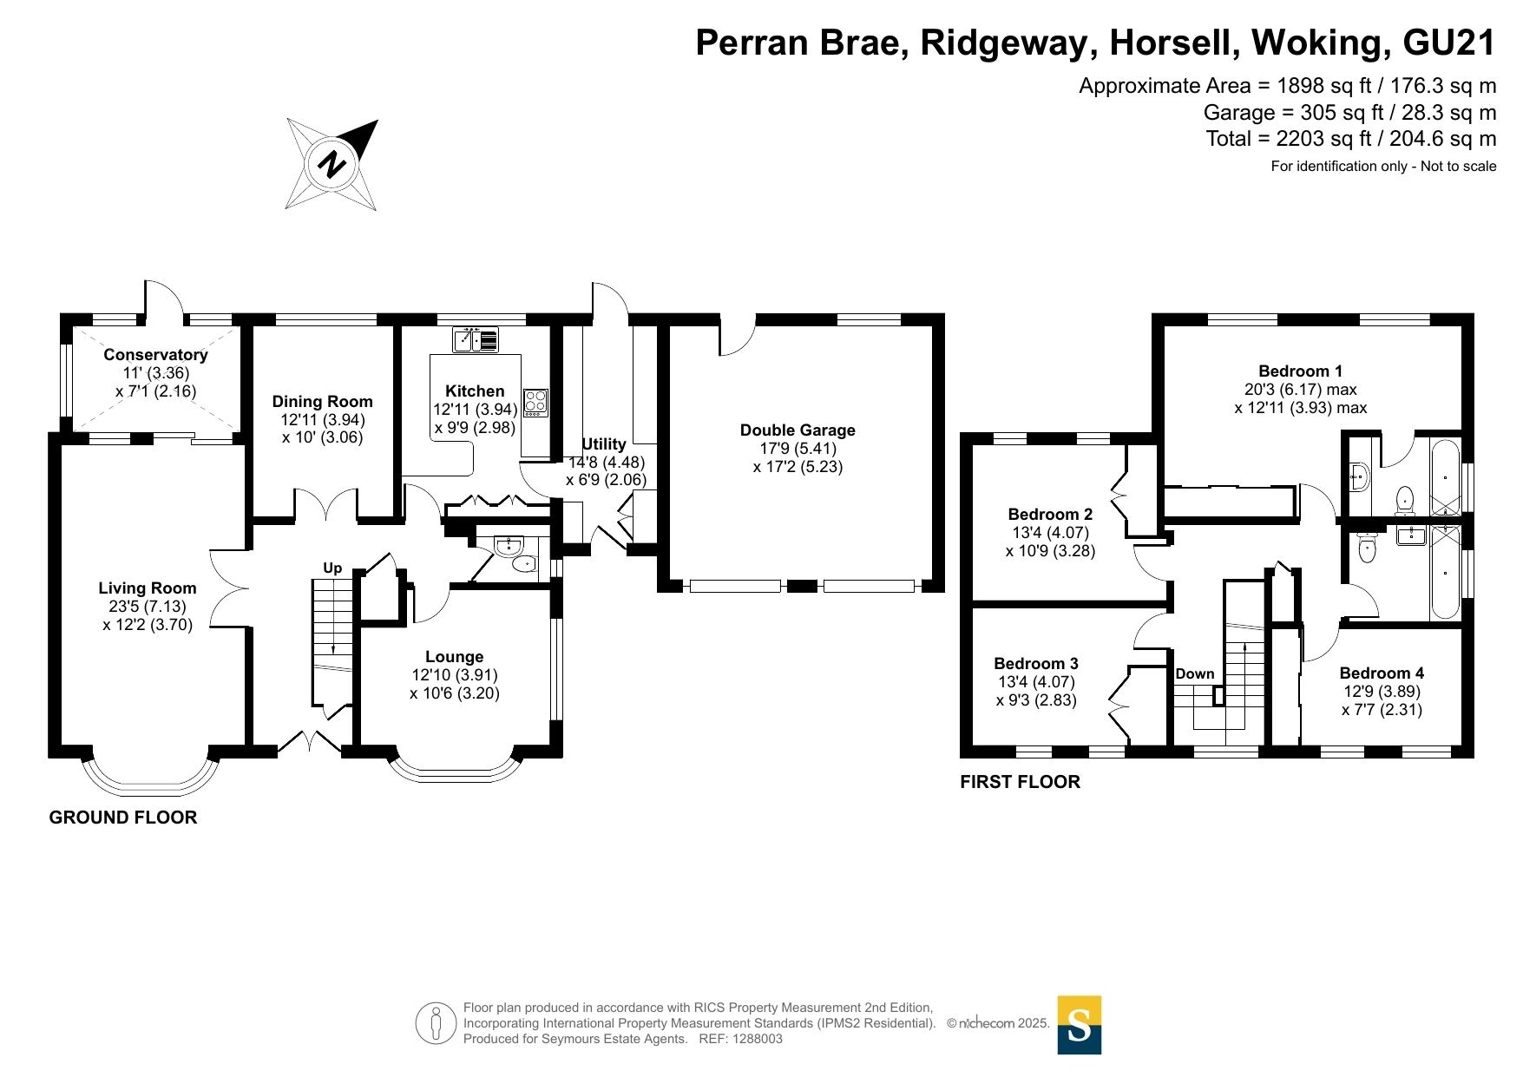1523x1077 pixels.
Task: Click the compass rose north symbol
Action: tap(332, 164)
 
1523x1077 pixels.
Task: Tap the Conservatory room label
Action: tap(155, 354)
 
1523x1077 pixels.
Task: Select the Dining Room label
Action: tap(322, 401)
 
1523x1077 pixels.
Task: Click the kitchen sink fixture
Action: tap(476, 339)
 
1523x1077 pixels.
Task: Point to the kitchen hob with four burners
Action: tap(535, 403)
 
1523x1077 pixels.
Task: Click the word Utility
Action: tap(604, 444)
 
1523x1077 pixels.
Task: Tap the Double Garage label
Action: tap(798, 430)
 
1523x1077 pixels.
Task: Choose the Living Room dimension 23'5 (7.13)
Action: tap(148, 607)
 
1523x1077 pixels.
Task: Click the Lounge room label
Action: tap(454, 657)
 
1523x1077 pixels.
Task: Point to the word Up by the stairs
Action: tap(332, 568)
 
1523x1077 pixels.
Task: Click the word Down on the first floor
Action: tap(1195, 674)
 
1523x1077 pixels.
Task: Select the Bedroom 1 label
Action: tap(1300, 371)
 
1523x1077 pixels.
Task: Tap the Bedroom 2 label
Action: tap(1050, 515)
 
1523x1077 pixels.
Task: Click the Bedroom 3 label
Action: tap(1036, 664)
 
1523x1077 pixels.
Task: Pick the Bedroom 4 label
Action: tap(1382, 673)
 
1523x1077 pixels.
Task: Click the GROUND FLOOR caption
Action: tap(123, 818)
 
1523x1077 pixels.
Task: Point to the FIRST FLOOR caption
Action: tap(1020, 782)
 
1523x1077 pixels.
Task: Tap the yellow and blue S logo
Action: tap(1079, 1025)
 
